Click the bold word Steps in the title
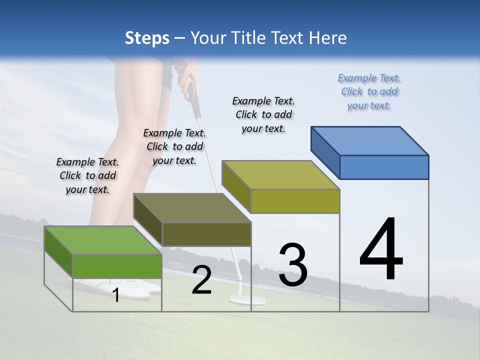(147, 38)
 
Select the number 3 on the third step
(293, 265)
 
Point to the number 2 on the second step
(201, 280)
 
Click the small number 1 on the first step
(116, 295)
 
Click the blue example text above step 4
(369, 91)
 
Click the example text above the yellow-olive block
(263, 114)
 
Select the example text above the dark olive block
(174, 146)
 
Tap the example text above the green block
(87, 175)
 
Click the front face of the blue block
(384, 167)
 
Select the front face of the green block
(117, 266)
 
